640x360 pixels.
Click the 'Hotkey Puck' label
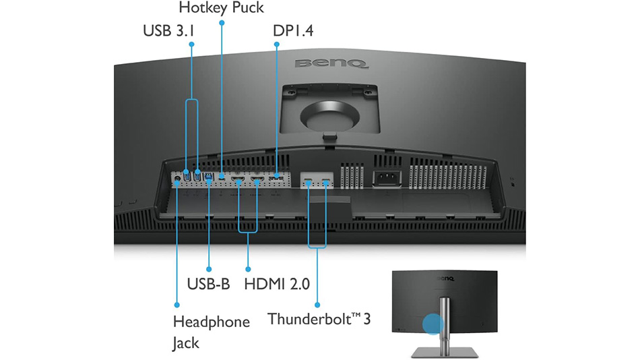[221, 8]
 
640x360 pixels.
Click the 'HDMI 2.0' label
[277, 284]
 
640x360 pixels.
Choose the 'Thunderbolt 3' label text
[319, 318]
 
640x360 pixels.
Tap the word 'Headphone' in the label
[211, 322]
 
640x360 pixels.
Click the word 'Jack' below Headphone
[186, 343]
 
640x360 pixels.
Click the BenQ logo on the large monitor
[330, 65]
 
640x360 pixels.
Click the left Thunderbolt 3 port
[309, 181]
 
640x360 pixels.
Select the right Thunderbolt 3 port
[326, 181]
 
